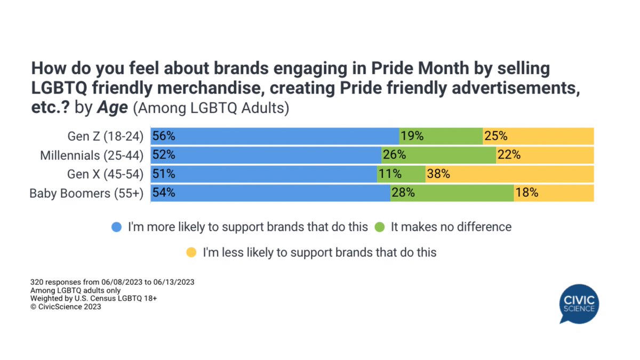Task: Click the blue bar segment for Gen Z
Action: click(275, 136)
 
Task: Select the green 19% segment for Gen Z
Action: click(441, 136)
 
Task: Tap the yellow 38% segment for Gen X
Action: click(509, 174)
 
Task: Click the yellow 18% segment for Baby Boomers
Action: click(554, 193)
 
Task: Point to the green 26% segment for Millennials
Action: click(438, 155)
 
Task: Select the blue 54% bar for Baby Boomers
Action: click(270, 193)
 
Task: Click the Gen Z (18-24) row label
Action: click(106, 137)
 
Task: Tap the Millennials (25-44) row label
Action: click(92, 155)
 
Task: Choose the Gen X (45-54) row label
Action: click(106, 174)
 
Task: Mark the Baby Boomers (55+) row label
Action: click(86, 193)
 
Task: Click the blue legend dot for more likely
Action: click(116, 227)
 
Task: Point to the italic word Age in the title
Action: click(113, 107)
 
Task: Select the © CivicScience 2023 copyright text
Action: click(67, 307)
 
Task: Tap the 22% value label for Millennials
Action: click(509, 155)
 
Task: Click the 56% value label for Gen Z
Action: click(164, 136)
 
